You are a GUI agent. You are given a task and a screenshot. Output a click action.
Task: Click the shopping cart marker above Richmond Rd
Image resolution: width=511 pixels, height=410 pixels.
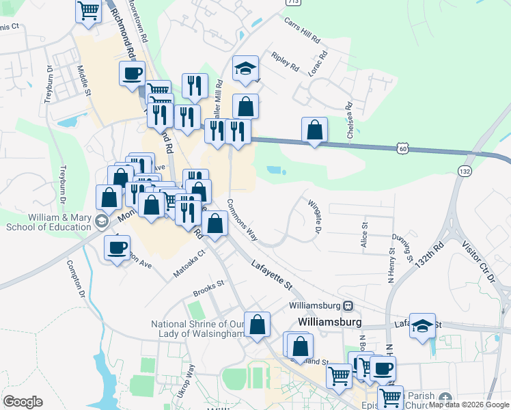click(88, 12)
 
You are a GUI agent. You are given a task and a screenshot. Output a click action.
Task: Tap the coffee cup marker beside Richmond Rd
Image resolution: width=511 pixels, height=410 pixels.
click(132, 73)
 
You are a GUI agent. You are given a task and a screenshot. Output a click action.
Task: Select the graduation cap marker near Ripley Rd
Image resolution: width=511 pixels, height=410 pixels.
click(245, 68)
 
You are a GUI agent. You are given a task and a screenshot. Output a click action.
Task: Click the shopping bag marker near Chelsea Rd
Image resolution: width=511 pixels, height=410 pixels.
click(314, 129)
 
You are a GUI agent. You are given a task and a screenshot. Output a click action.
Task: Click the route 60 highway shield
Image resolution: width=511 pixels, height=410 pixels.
click(404, 148)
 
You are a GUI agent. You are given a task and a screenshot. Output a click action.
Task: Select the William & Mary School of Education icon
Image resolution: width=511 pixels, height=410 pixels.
click(102, 220)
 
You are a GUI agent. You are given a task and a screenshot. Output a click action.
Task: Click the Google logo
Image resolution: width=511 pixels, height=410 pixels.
click(23, 402)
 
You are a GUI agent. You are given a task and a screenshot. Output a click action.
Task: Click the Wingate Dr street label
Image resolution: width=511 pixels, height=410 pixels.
click(314, 215)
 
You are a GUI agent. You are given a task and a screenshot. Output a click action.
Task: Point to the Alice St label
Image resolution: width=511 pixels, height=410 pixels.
click(365, 234)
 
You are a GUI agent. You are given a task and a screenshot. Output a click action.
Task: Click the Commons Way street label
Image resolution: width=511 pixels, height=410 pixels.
click(242, 220)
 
